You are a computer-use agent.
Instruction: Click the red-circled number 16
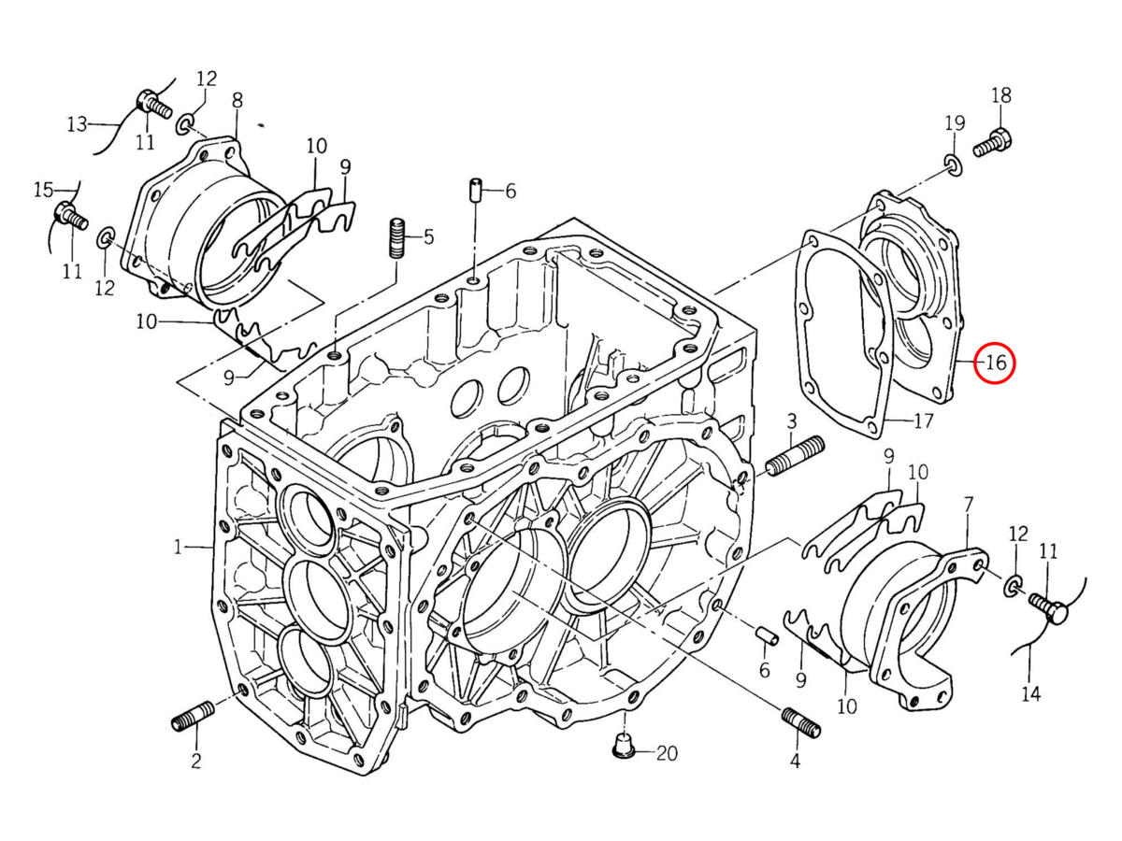tap(995, 363)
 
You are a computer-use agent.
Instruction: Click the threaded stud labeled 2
tap(193, 717)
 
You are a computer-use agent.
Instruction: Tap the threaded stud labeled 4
tap(801, 722)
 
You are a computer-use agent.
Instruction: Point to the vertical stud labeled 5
tap(397, 238)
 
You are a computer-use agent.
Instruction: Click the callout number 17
tap(924, 421)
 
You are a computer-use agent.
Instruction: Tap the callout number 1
tap(178, 548)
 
